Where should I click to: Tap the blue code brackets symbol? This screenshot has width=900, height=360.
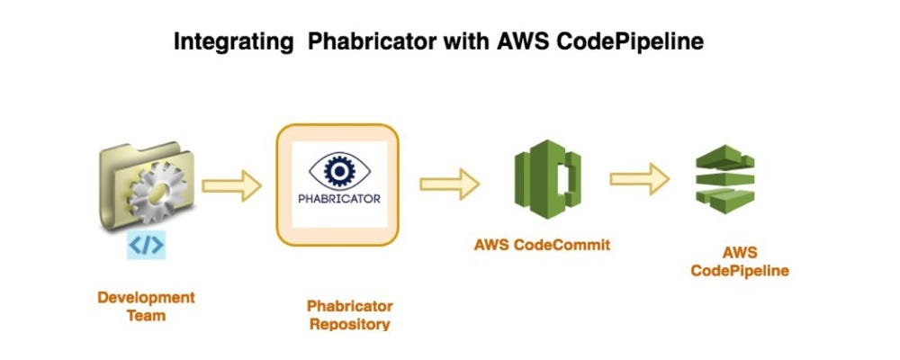click(x=145, y=245)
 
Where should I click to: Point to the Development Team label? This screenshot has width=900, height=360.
click(x=145, y=306)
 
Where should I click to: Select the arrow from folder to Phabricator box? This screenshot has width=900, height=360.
click(x=231, y=186)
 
